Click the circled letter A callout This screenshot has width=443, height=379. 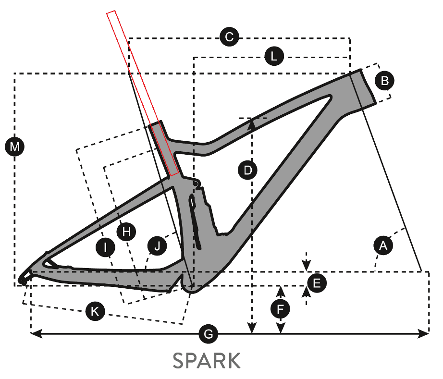click(x=383, y=245)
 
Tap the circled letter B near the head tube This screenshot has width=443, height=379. click(x=384, y=81)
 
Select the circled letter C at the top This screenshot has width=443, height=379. click(x=229, y=37)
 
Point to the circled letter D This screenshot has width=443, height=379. click(x=248, y=171)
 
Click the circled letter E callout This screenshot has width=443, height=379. click(x=317, y=283)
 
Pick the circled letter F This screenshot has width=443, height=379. click(x=280, y=309)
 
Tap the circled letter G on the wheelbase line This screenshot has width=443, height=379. click(x=208, y=334)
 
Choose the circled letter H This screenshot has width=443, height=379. click(x=126, y=232)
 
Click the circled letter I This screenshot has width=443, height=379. click(x=105, y=247)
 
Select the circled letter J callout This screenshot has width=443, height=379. click(x=158, y=245)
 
